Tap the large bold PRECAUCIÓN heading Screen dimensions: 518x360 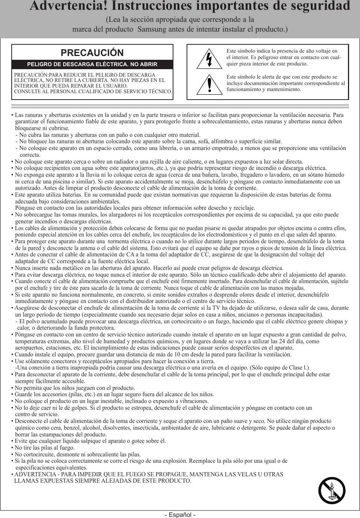92,53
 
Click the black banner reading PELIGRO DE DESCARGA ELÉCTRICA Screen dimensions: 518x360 92,64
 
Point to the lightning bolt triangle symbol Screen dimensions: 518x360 209,59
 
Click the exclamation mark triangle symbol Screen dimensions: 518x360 209,85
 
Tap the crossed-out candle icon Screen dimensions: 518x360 331,490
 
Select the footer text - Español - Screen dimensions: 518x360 180,515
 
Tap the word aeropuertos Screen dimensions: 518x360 29,348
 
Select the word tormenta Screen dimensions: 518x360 118,241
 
